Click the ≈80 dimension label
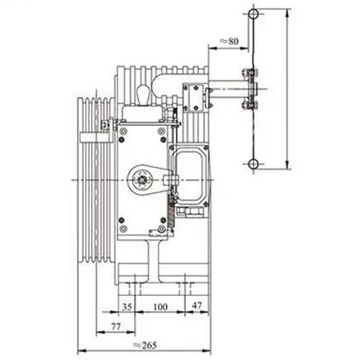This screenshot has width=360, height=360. tap(229, 41)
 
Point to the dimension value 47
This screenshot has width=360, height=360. tap(197, 306)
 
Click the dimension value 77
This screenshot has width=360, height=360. tap(116, 327)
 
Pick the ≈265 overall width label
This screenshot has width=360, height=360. tap(145, 345)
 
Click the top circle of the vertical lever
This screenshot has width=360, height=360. tap(253, 13)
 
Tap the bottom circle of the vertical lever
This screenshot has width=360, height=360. tap(253, 164)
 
